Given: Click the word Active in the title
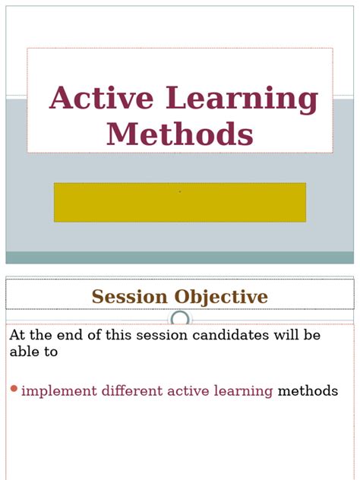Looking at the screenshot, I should (102, 99).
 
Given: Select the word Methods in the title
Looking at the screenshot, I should (180, 134).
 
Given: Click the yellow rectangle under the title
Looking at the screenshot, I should (180, 202).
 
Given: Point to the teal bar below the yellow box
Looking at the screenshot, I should (180, 257).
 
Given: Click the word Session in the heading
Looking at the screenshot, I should (130, 297).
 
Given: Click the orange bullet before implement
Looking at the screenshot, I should (14, 390).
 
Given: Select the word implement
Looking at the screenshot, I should (59, 391).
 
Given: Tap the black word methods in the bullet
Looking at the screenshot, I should (308, 391).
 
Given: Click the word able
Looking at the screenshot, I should (24, 352).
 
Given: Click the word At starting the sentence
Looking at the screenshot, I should (18, 335).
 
